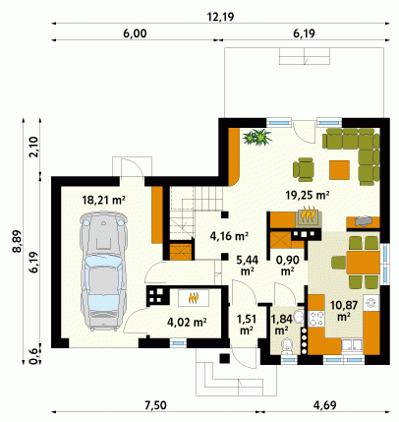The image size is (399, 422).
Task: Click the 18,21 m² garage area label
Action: (x=104, y=200)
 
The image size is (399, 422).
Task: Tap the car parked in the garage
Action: (x=103, y=271)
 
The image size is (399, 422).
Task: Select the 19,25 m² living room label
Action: (x=307, y=196)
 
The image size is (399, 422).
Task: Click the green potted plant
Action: (x=257, y=137)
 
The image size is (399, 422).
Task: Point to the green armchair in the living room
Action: (x=304, y=169)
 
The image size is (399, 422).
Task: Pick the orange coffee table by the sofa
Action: (x=339, y=170)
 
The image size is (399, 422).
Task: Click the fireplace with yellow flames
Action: (x=309, y=216)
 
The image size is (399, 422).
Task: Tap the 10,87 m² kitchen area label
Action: (x=344, y=310)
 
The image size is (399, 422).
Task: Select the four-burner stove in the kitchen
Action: (x=315, y=319)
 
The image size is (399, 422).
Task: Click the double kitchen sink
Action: (x=352, y=346)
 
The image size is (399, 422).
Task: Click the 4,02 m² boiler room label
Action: (x=187, y=323)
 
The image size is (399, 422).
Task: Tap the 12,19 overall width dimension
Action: (x=221, y=17)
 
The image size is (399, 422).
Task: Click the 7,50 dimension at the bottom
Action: (x=155, y=405)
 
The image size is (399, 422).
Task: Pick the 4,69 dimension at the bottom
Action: (x=325, y=405)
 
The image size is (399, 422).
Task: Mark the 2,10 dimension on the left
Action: (x=33, y=147)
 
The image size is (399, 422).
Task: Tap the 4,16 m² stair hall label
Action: (x=229, y=236)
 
